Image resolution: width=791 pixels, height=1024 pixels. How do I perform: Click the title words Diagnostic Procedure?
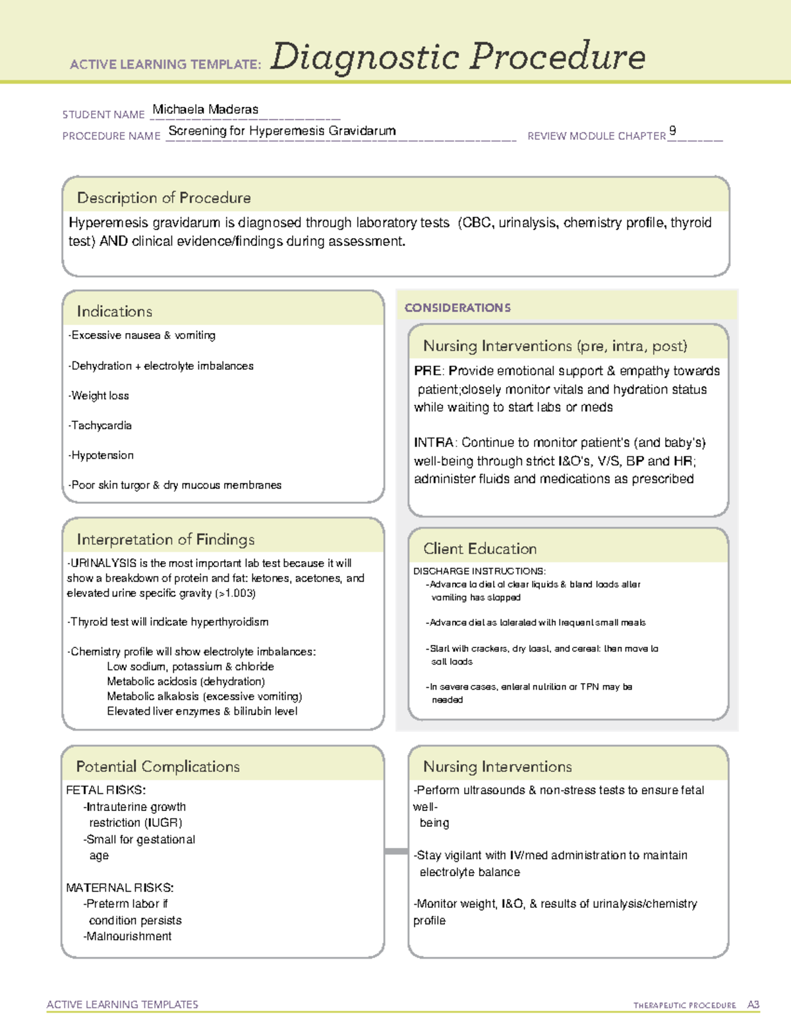(457, 57)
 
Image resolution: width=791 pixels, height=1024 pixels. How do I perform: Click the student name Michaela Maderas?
(205, 109)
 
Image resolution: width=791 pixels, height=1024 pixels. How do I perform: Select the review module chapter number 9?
(672, 131)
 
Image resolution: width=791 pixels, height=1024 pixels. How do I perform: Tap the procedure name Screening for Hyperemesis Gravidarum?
(282, 131)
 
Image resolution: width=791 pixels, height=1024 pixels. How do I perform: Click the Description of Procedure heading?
(163, 198)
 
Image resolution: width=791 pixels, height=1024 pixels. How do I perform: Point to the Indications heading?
(114, 311)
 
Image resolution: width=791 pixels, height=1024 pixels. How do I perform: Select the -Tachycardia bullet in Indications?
(100, 425)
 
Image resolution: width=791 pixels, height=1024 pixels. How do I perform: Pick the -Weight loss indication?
(99, 396)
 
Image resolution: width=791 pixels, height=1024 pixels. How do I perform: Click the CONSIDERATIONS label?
(457, 308)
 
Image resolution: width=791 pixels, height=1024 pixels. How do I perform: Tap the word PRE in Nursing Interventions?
(427, 371)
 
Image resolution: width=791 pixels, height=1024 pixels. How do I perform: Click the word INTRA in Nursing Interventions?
(434, 442)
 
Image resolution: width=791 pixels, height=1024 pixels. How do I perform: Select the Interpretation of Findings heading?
(165, 539)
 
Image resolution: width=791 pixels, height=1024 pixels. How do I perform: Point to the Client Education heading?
(480, 549)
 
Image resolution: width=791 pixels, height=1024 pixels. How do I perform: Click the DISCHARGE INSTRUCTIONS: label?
(479, 571)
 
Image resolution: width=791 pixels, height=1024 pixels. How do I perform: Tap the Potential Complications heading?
(158, 766)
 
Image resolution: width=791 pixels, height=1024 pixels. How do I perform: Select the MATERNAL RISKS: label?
(120, 888)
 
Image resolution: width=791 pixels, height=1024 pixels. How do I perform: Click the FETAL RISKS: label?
(106, 790)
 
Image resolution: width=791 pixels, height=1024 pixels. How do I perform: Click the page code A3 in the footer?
(753, 1005)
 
